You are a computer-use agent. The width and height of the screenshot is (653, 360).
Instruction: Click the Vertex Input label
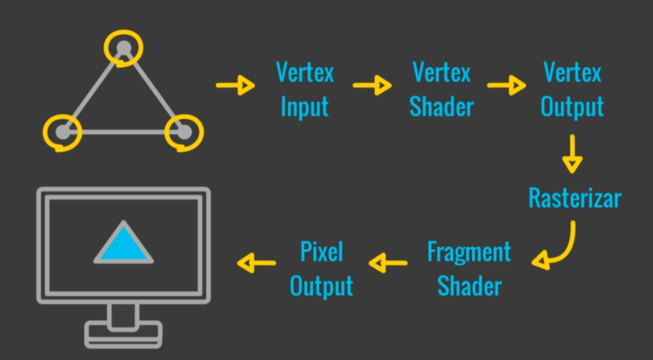(x=305, y=90)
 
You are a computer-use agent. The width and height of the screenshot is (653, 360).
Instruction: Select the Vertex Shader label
(x=441, y=90)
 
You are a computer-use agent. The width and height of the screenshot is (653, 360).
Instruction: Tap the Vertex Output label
(x=572, y=90)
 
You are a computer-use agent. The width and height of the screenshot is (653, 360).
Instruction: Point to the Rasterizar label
(x=574, y=198)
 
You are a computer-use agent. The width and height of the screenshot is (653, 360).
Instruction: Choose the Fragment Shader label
(x=469, y=268)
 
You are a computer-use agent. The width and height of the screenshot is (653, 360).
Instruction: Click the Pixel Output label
(x=321, y=268)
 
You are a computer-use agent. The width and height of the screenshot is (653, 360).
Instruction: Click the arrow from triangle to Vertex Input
(x=235, y=84)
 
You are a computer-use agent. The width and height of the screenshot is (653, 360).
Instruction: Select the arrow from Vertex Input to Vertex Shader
(x=372, y=84)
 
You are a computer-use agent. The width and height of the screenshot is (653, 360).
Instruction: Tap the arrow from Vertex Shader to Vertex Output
(x=507, y=84)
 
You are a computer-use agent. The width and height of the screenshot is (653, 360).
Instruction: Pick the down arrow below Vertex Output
(x=572, y=154)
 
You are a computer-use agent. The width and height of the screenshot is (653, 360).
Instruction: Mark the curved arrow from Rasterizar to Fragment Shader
(x=557, y=248)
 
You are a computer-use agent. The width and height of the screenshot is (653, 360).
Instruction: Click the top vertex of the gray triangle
(x=123, y=49)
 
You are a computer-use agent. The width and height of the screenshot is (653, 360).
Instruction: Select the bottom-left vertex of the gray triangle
(x=64, y=132)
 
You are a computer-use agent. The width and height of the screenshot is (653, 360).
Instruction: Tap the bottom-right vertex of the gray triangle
(x=183, y=132)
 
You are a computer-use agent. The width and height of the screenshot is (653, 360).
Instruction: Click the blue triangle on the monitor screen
(x=124, y=243)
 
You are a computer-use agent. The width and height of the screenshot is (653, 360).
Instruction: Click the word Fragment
(x=469, y=252)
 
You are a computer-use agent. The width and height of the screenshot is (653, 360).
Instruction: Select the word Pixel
(x=321, y=252)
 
